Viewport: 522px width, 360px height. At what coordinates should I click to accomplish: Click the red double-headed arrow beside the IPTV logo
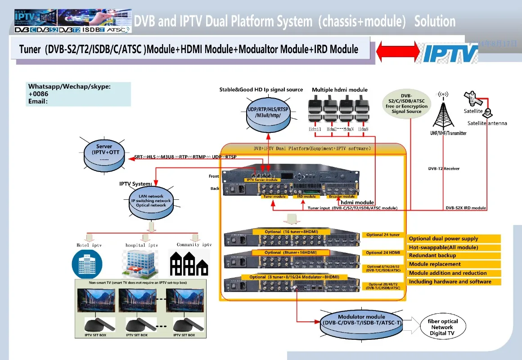[x=396, y=51]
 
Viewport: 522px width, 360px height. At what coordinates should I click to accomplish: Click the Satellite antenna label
[x=487, y=123]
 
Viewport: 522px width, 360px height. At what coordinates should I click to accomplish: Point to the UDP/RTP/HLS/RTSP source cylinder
[x=268, y=112]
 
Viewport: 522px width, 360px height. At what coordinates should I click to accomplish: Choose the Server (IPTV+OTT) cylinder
[x=104, y=152]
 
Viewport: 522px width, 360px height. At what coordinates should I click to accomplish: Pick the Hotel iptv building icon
[x=87, y=264]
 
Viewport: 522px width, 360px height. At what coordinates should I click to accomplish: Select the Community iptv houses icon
[x=188, y=264]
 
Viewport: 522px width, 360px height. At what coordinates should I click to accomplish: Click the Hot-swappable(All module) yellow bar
[x=454, y=247]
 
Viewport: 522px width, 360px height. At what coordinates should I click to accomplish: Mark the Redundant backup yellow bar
[x=454, y=256]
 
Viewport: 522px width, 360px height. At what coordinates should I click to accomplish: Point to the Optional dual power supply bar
[x=454, y=238]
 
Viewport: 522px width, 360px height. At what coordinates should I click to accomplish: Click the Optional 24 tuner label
[x=383, y=235]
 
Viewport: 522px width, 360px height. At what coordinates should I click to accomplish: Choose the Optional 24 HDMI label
[x=383, y=252]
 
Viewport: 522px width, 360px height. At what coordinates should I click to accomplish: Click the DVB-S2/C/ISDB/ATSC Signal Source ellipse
[x=406, y=103]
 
